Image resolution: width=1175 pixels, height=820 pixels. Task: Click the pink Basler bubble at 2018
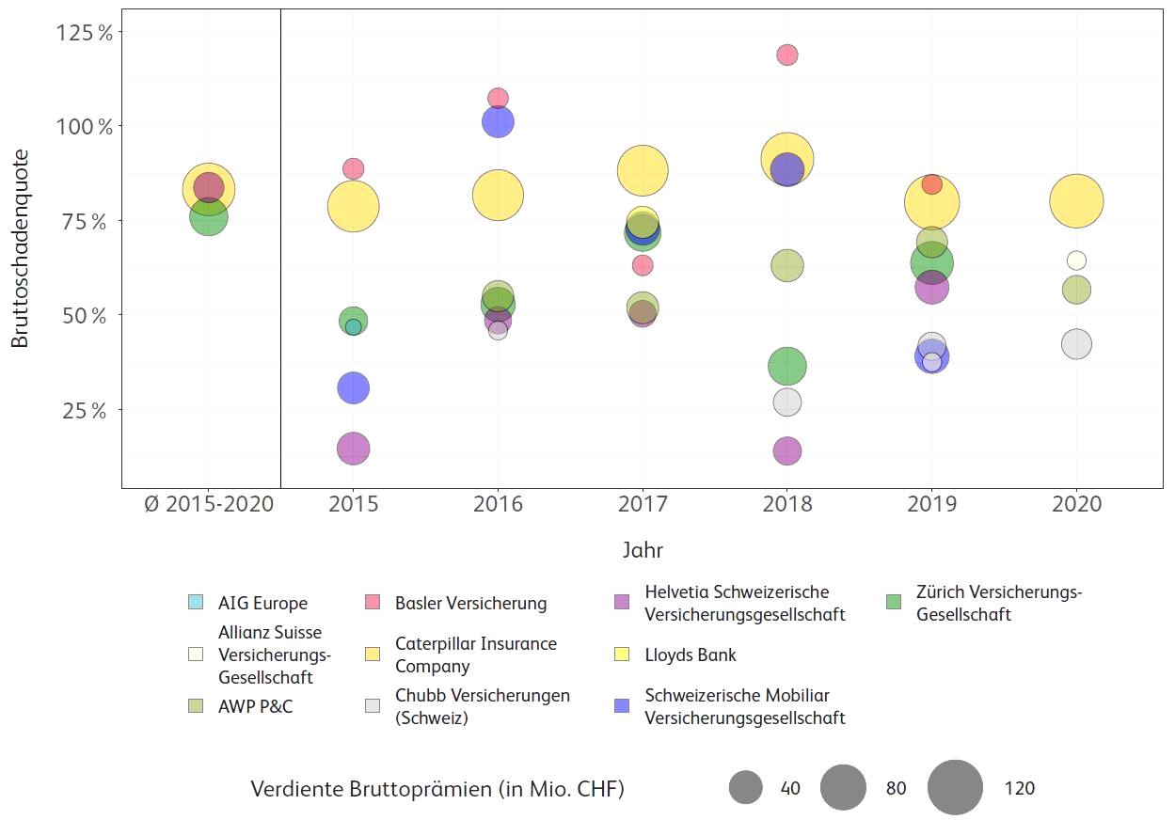[x=787, y=55]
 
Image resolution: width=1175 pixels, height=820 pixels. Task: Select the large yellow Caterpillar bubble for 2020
[x=1076, y=200]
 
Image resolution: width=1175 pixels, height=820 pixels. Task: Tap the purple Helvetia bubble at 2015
[x=353, y=449]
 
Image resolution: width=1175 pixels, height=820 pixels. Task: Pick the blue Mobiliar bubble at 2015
[x=353, y=387]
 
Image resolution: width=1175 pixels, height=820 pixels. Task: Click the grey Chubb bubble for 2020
[x=1076, y=344]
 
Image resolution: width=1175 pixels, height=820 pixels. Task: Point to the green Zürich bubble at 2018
[x=787, y=366]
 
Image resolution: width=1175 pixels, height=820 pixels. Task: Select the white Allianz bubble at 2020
[x=1076, y=260]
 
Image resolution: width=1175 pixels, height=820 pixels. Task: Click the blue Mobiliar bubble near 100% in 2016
[x=498, y=121]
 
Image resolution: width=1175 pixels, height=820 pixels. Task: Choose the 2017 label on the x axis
[x=643, y=504]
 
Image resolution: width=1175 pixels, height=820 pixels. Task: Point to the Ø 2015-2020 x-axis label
[x=210, y=504]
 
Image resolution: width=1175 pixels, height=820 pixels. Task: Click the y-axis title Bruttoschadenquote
[x=21, y=248]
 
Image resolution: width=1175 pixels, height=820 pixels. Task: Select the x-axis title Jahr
[x=643, y=551]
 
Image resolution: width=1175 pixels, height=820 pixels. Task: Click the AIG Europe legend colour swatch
[x=195, y=603]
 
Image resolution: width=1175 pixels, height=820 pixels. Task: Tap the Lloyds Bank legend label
[x=691, y=655]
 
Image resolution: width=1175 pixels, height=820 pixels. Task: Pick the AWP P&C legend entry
[x=255, y=706]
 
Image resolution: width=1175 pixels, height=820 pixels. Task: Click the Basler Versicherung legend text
[x=470, y=603]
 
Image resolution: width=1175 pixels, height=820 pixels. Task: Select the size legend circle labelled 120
[x=955, y=788]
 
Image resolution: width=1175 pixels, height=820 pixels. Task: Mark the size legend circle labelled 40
[x=745, y=788]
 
